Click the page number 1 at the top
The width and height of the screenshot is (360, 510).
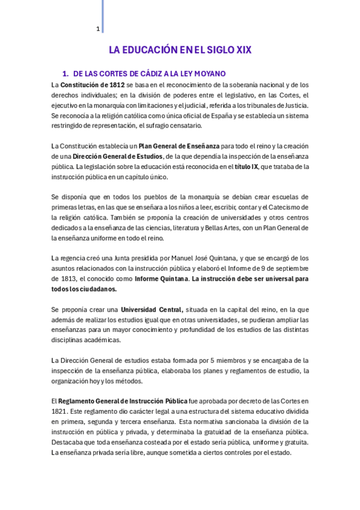point(98,29)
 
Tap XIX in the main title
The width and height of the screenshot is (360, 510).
point(243,51)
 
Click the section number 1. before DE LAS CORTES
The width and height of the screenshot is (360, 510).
point(66,73)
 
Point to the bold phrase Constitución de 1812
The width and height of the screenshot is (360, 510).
point(92,85)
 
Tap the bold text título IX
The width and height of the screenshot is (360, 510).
point(246,167)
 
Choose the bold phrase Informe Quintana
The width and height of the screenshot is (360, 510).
point(160,279)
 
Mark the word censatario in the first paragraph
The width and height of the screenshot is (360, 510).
point(185,126)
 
